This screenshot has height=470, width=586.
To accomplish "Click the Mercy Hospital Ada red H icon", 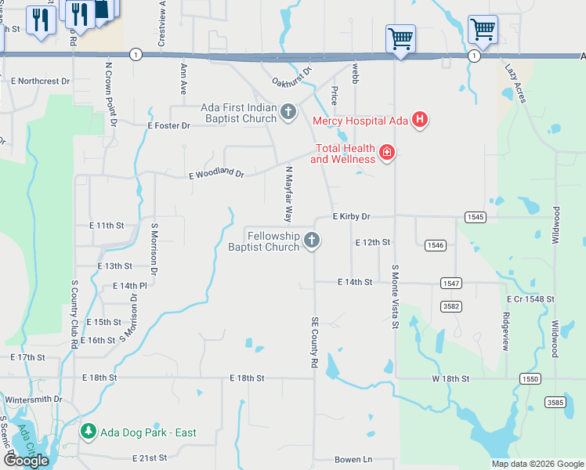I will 420,120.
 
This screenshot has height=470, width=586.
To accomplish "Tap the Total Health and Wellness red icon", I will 386,153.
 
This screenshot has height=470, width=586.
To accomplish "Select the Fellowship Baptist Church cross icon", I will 312,240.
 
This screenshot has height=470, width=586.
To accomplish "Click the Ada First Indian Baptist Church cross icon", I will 288,113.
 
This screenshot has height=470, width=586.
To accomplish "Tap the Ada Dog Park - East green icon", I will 89,432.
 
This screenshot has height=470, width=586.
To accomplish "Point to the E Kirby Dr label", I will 350,216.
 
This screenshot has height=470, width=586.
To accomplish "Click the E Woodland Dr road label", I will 217,174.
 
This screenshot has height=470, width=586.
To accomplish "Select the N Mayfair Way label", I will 288,193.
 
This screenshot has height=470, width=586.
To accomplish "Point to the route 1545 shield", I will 475,217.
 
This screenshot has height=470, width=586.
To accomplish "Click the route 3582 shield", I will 450,305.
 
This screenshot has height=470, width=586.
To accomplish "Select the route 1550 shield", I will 530,378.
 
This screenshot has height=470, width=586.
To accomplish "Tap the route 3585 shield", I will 555,402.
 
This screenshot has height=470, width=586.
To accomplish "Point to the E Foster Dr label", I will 168,125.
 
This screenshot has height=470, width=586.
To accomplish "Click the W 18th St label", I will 450,378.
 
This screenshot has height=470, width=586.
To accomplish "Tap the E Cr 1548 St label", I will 530,299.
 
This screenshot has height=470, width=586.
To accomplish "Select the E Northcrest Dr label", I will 40,81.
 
